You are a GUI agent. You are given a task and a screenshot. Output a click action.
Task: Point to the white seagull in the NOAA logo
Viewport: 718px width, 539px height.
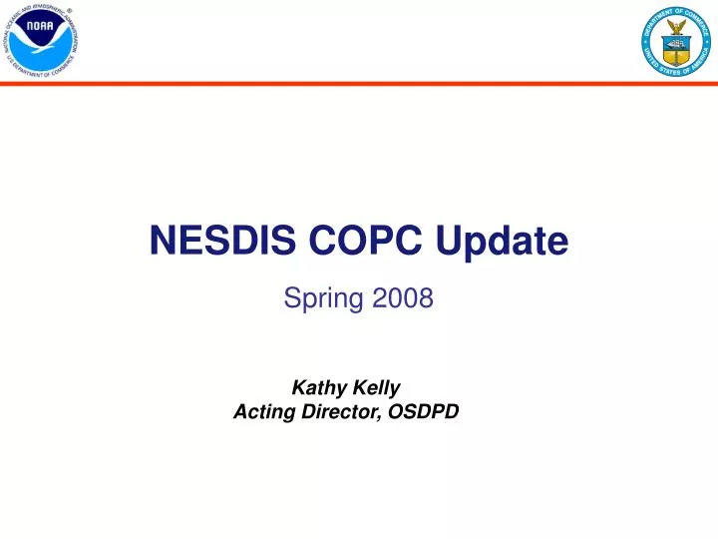[x=42, y=43]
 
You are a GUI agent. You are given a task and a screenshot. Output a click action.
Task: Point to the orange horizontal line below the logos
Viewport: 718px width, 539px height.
[x=359, y=84]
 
